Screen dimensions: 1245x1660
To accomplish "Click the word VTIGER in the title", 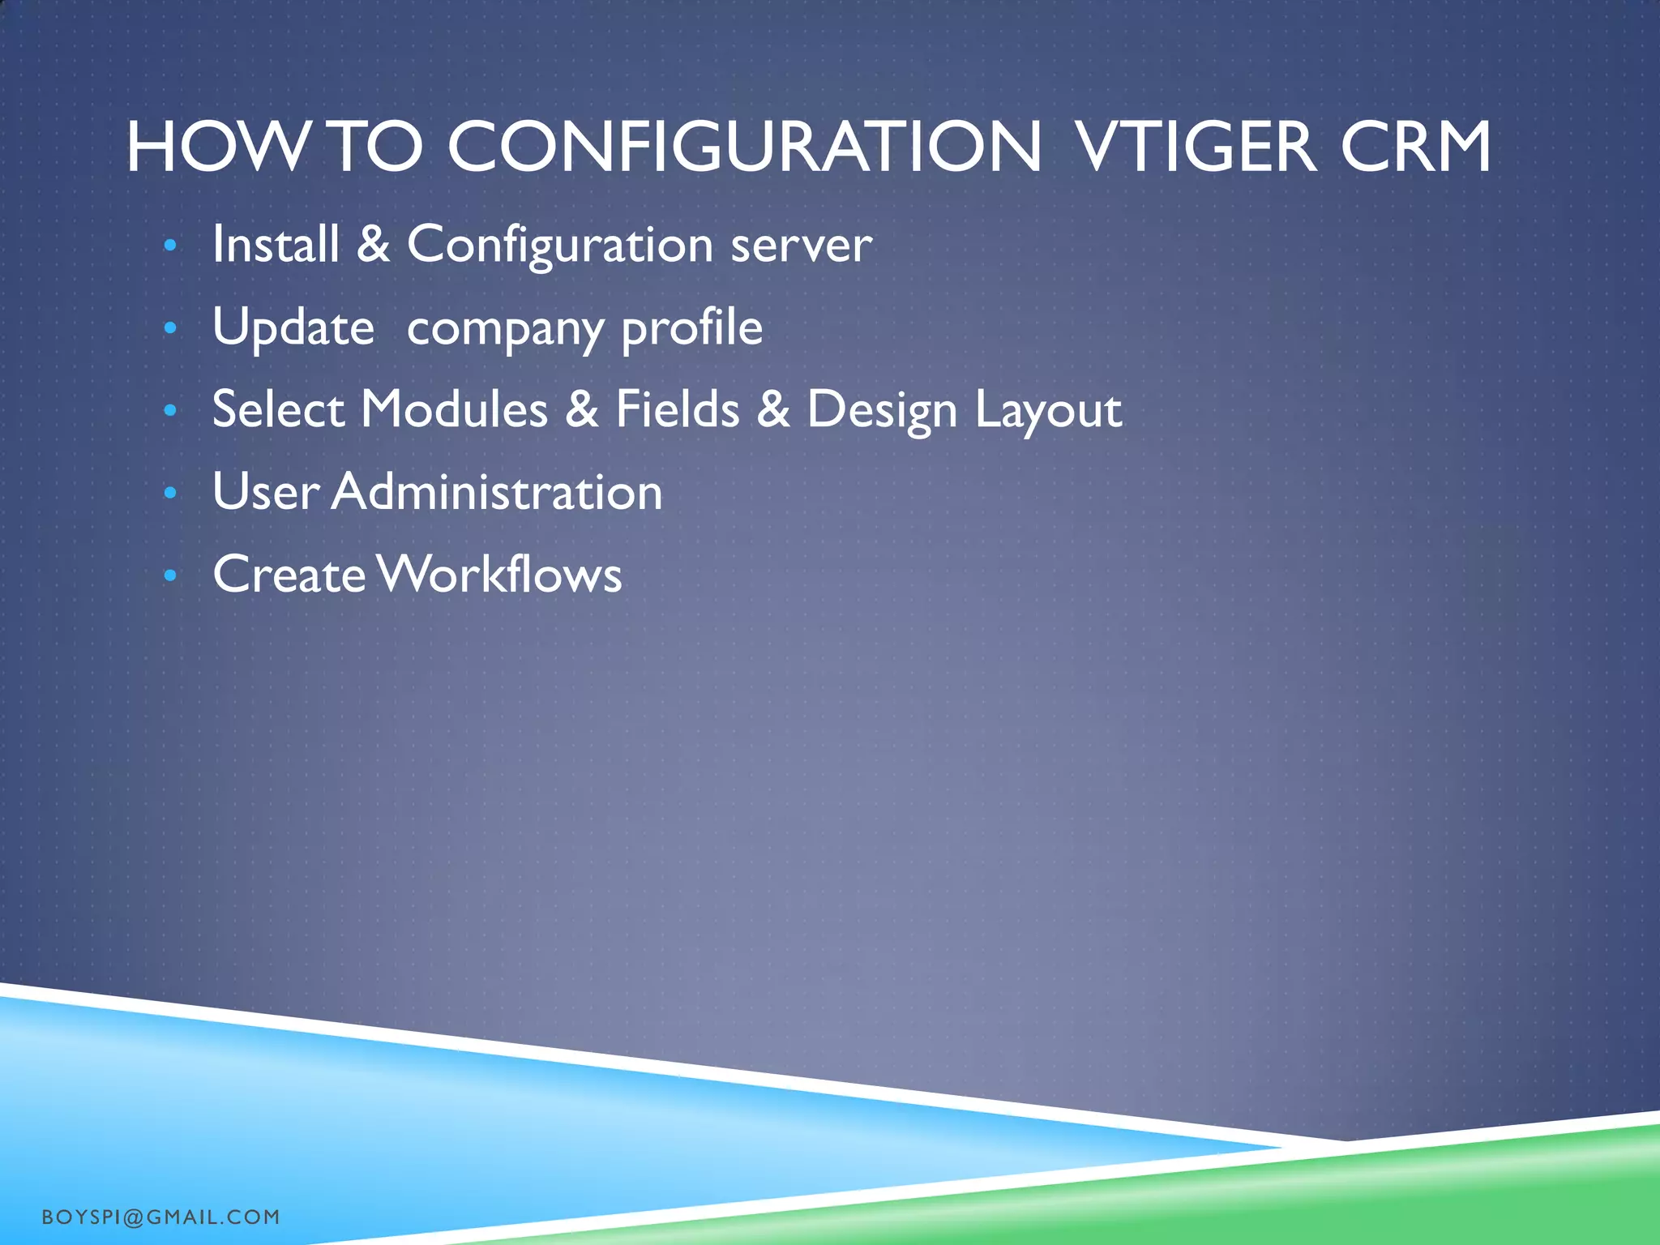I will pos(1195,148).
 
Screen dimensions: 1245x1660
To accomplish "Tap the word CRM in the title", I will pos(1414,148).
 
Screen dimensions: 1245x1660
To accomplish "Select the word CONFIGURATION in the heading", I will pos(744,148).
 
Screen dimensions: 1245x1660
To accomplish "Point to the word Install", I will pos(276,244).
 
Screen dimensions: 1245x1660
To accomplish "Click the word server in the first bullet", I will pos(801,246).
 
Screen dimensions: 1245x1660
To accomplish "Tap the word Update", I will pos(293,328).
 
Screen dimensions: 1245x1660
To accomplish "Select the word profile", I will pos(691,328).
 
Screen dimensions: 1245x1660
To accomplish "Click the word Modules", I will pos(454,409).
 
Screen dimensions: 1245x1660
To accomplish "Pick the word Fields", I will pos(677,409).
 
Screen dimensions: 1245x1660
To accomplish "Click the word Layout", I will pos(1047,410).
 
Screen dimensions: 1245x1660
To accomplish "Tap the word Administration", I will pos(496,492).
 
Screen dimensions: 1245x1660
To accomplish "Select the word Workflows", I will pos(499,575).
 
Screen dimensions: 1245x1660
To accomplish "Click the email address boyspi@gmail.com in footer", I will pos(160,1217).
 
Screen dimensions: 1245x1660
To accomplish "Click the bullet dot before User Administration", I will pos(169,493).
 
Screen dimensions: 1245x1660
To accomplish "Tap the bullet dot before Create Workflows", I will pos(169,575).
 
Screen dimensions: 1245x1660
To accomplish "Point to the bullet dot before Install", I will pos(169,245).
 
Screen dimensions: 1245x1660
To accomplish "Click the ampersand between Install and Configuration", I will pos(373,244).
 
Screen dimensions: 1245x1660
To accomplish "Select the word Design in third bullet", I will pos(882,410).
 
